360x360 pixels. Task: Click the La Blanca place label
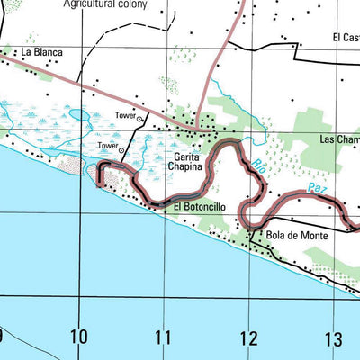tap(42, 52)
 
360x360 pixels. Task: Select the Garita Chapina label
tap(193, 163)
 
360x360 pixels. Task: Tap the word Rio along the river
tap(257, 166)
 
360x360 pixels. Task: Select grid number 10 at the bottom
tap(79, 338)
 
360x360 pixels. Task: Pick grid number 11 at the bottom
tap(162, 338)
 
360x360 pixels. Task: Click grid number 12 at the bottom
tap(247, 338)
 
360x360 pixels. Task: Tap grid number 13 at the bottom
tap(333, 338)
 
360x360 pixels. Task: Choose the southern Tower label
tap(108, 146)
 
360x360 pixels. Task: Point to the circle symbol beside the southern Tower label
tap(123, 150)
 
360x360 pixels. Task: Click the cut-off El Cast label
tap(346, 37)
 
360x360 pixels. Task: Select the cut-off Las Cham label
tap(340, 139)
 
